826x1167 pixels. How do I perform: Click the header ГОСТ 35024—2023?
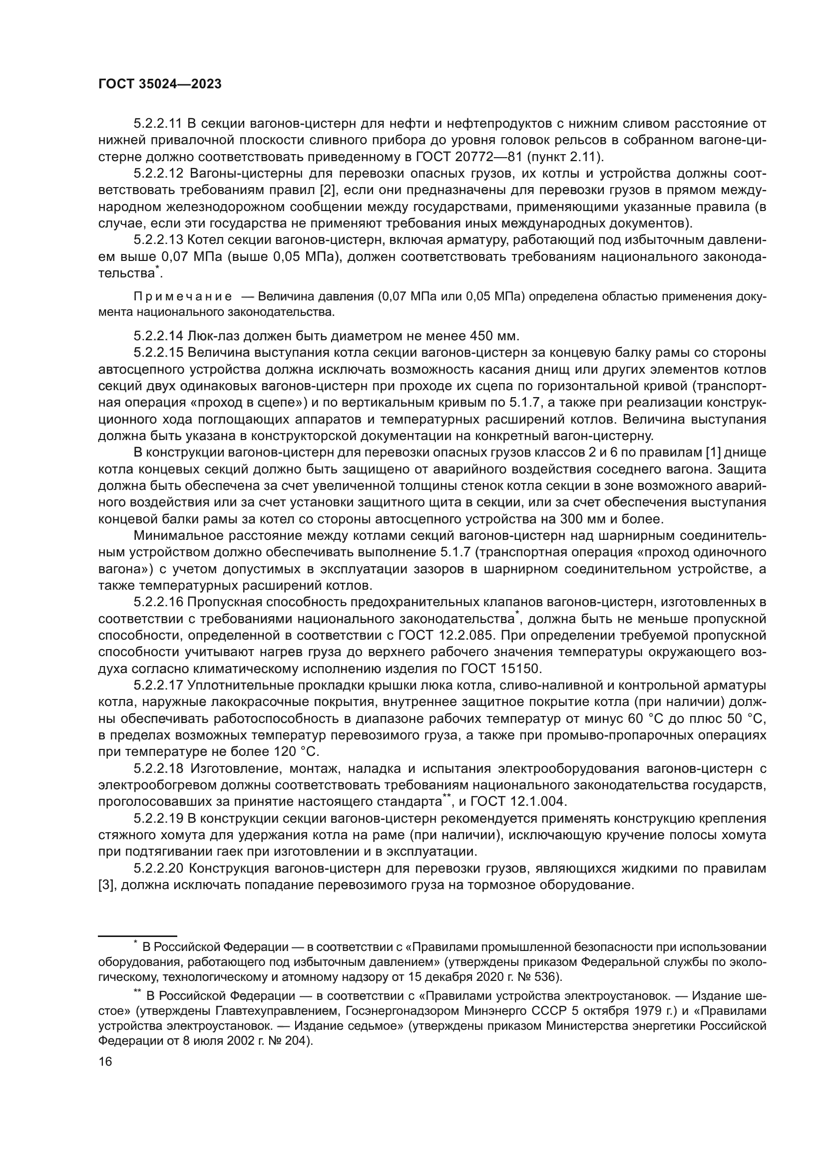point(160,84)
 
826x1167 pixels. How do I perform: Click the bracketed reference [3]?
point(106,886)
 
